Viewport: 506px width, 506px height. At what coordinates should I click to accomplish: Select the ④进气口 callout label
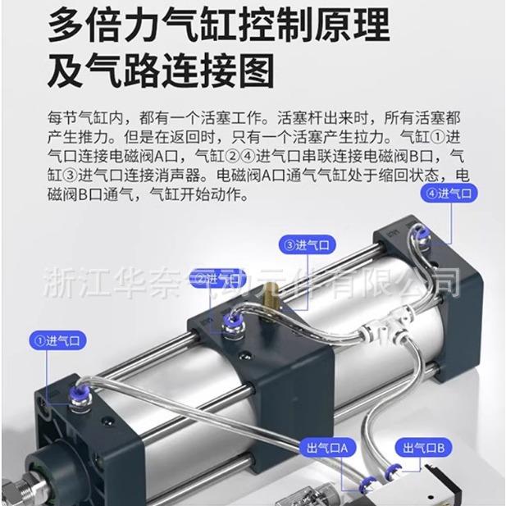pos(448,194)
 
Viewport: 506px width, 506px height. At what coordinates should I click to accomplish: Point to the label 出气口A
pos(328,447)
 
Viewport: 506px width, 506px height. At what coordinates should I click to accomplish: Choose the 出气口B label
pos(423,447)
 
